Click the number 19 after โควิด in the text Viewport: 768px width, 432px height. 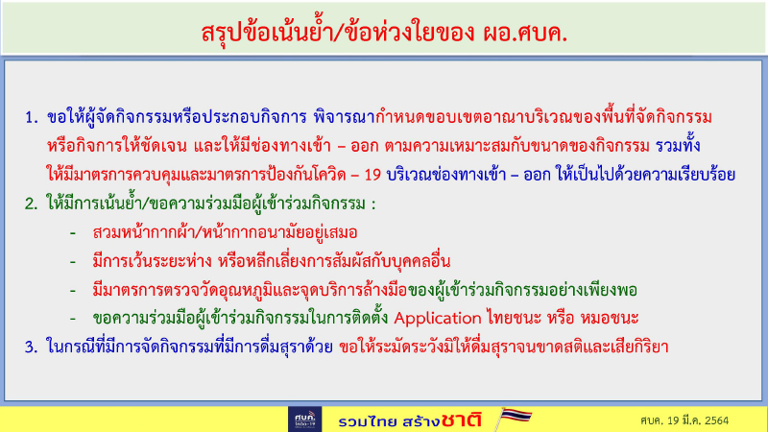coord(357,175)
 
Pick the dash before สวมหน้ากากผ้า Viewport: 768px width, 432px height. coord(73,232)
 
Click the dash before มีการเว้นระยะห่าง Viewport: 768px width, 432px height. coord(73,261)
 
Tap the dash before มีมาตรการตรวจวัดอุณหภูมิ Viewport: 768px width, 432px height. coord(73,290)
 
